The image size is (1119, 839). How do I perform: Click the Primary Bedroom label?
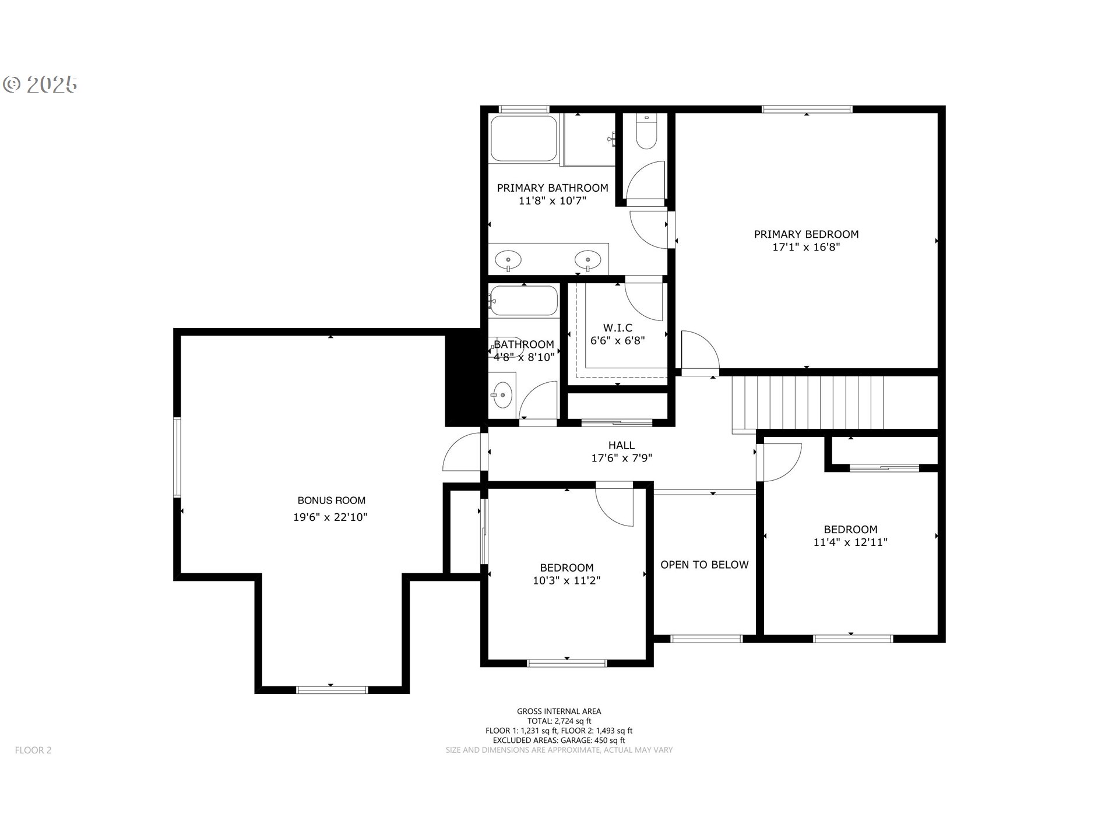pyautogui.click(x=806, y=234)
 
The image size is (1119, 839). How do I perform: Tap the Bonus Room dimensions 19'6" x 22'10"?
pyautogui.click(x=330, y=517)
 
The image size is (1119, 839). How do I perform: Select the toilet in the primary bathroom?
pyautogui.click(x=646, y=133)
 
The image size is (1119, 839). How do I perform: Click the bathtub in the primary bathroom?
pyautogui.click(x=524, y=138)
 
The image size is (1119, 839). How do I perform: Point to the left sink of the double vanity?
pyautogui.click(x=508, y=260)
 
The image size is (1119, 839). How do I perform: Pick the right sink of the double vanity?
pyautogui.click(x=587, y=259)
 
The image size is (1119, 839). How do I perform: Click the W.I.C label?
pyautogui.click(x=617, y=328)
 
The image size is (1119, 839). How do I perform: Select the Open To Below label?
pyautogui.click(x=704, y=565)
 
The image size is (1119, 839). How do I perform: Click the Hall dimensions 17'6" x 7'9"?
pyautogui.click(x=621, y=458)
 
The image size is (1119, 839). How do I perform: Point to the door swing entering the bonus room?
pyautogui.click(x=463, y=453)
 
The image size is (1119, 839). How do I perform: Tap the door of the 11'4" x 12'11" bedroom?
pyautogui.click(x=780, y=461)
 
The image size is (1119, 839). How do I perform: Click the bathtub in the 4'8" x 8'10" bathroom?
pyautogui.click(x=523, y=301)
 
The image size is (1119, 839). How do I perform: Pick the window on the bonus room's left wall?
pyautogui.click(x=177, y=457)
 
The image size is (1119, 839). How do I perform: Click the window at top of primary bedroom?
pyautogui.click(x=807, y=109)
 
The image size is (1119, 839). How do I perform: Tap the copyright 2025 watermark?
pyautogui.click(x=40, y=85)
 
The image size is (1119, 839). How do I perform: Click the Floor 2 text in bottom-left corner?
pyautogui.click(x=33, y=750)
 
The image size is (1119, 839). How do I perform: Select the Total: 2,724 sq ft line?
pyautogui.click(x=558, y=721)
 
